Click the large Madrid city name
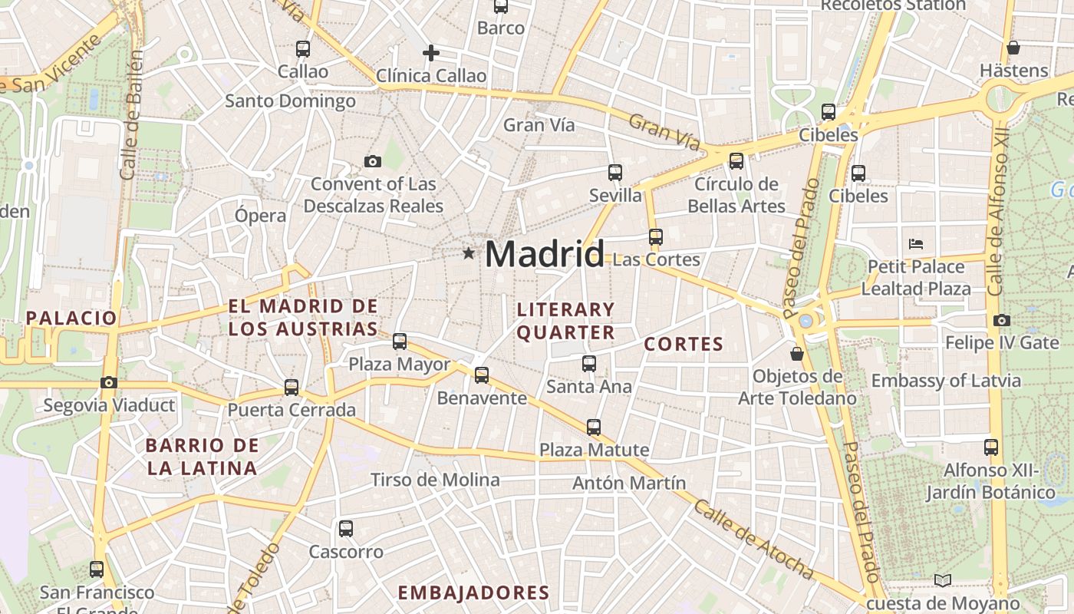pyautogui.click(x=545, y=254)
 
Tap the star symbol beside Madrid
pyautogui.click(x=468, y=253)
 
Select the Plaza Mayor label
pyautogui.click(x=399, y=364)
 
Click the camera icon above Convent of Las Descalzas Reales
pyautogui.click(x=373, y=161)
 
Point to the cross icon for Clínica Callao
pyautogui.click(x=431, y=53)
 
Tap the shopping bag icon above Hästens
pyautogui.click(x=1013, y=48)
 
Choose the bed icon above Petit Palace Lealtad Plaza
pyautogui.click(x=915, y=244)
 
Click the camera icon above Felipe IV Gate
pyautogui.click(x=1001, y=320)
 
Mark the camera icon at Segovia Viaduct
pyautogui.click(x=109, y=382)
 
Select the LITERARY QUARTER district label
pyautogui.click(x=566, y=321)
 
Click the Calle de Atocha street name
pyautogui.click(x=753, y=540)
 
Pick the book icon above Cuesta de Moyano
pyautogui.click(x=943, y=580)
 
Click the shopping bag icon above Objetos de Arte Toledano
pyautogui.click(x=797, y=354)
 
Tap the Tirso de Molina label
pyautogui.click(x=435, y=480)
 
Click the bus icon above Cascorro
pyautogui.click(x=346, y=529)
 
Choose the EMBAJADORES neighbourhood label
pyautogui.click(x=474, y=593)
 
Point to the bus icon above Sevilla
pyautogui.click(x=615, y=173)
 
